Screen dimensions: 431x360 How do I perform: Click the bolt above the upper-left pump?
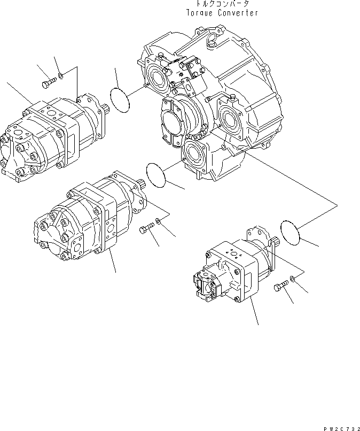(x=48, y=83)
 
